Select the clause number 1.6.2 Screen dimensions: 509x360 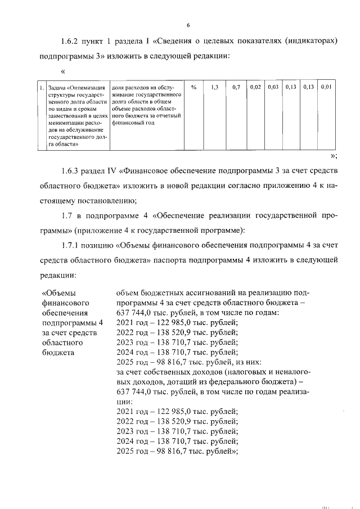coord(71,42)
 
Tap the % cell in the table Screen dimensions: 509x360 coord(193,88)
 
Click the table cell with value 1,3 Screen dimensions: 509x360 coord(214,88)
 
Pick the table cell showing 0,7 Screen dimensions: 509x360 coord(236,88)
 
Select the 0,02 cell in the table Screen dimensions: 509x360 coord(255,88)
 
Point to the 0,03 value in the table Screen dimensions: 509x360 coord(273,88)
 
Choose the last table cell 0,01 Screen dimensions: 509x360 coord(327,88)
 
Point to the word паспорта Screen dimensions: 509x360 coord(214,260)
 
